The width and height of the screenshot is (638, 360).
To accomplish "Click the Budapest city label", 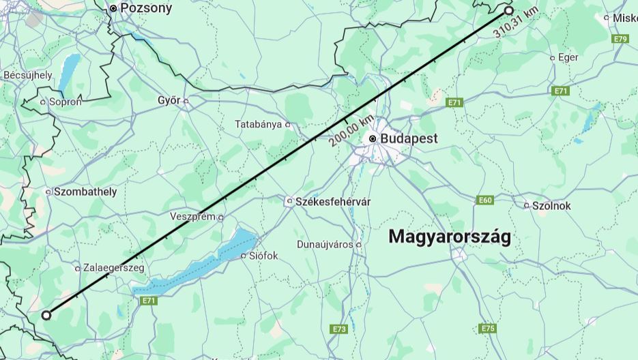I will [409, 138].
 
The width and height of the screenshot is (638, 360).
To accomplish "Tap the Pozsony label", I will [145, 8].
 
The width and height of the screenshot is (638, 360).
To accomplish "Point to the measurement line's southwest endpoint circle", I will [46, 315].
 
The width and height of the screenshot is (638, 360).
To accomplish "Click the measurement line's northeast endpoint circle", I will [509, 10].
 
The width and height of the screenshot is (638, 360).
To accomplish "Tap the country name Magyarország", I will [449, 237].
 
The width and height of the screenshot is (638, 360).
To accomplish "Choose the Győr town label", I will [169, 100].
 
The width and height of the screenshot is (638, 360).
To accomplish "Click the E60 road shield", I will [485, 200].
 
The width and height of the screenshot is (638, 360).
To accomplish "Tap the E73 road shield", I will [339, 329].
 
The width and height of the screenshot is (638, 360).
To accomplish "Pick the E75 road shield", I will [487, 329].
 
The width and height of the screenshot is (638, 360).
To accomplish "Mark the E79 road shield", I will [620, 39].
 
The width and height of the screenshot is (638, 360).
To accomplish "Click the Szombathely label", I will [85, 192].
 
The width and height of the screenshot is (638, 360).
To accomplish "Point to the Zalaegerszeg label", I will [114, 268].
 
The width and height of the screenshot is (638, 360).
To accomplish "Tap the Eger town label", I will [568, 57].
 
